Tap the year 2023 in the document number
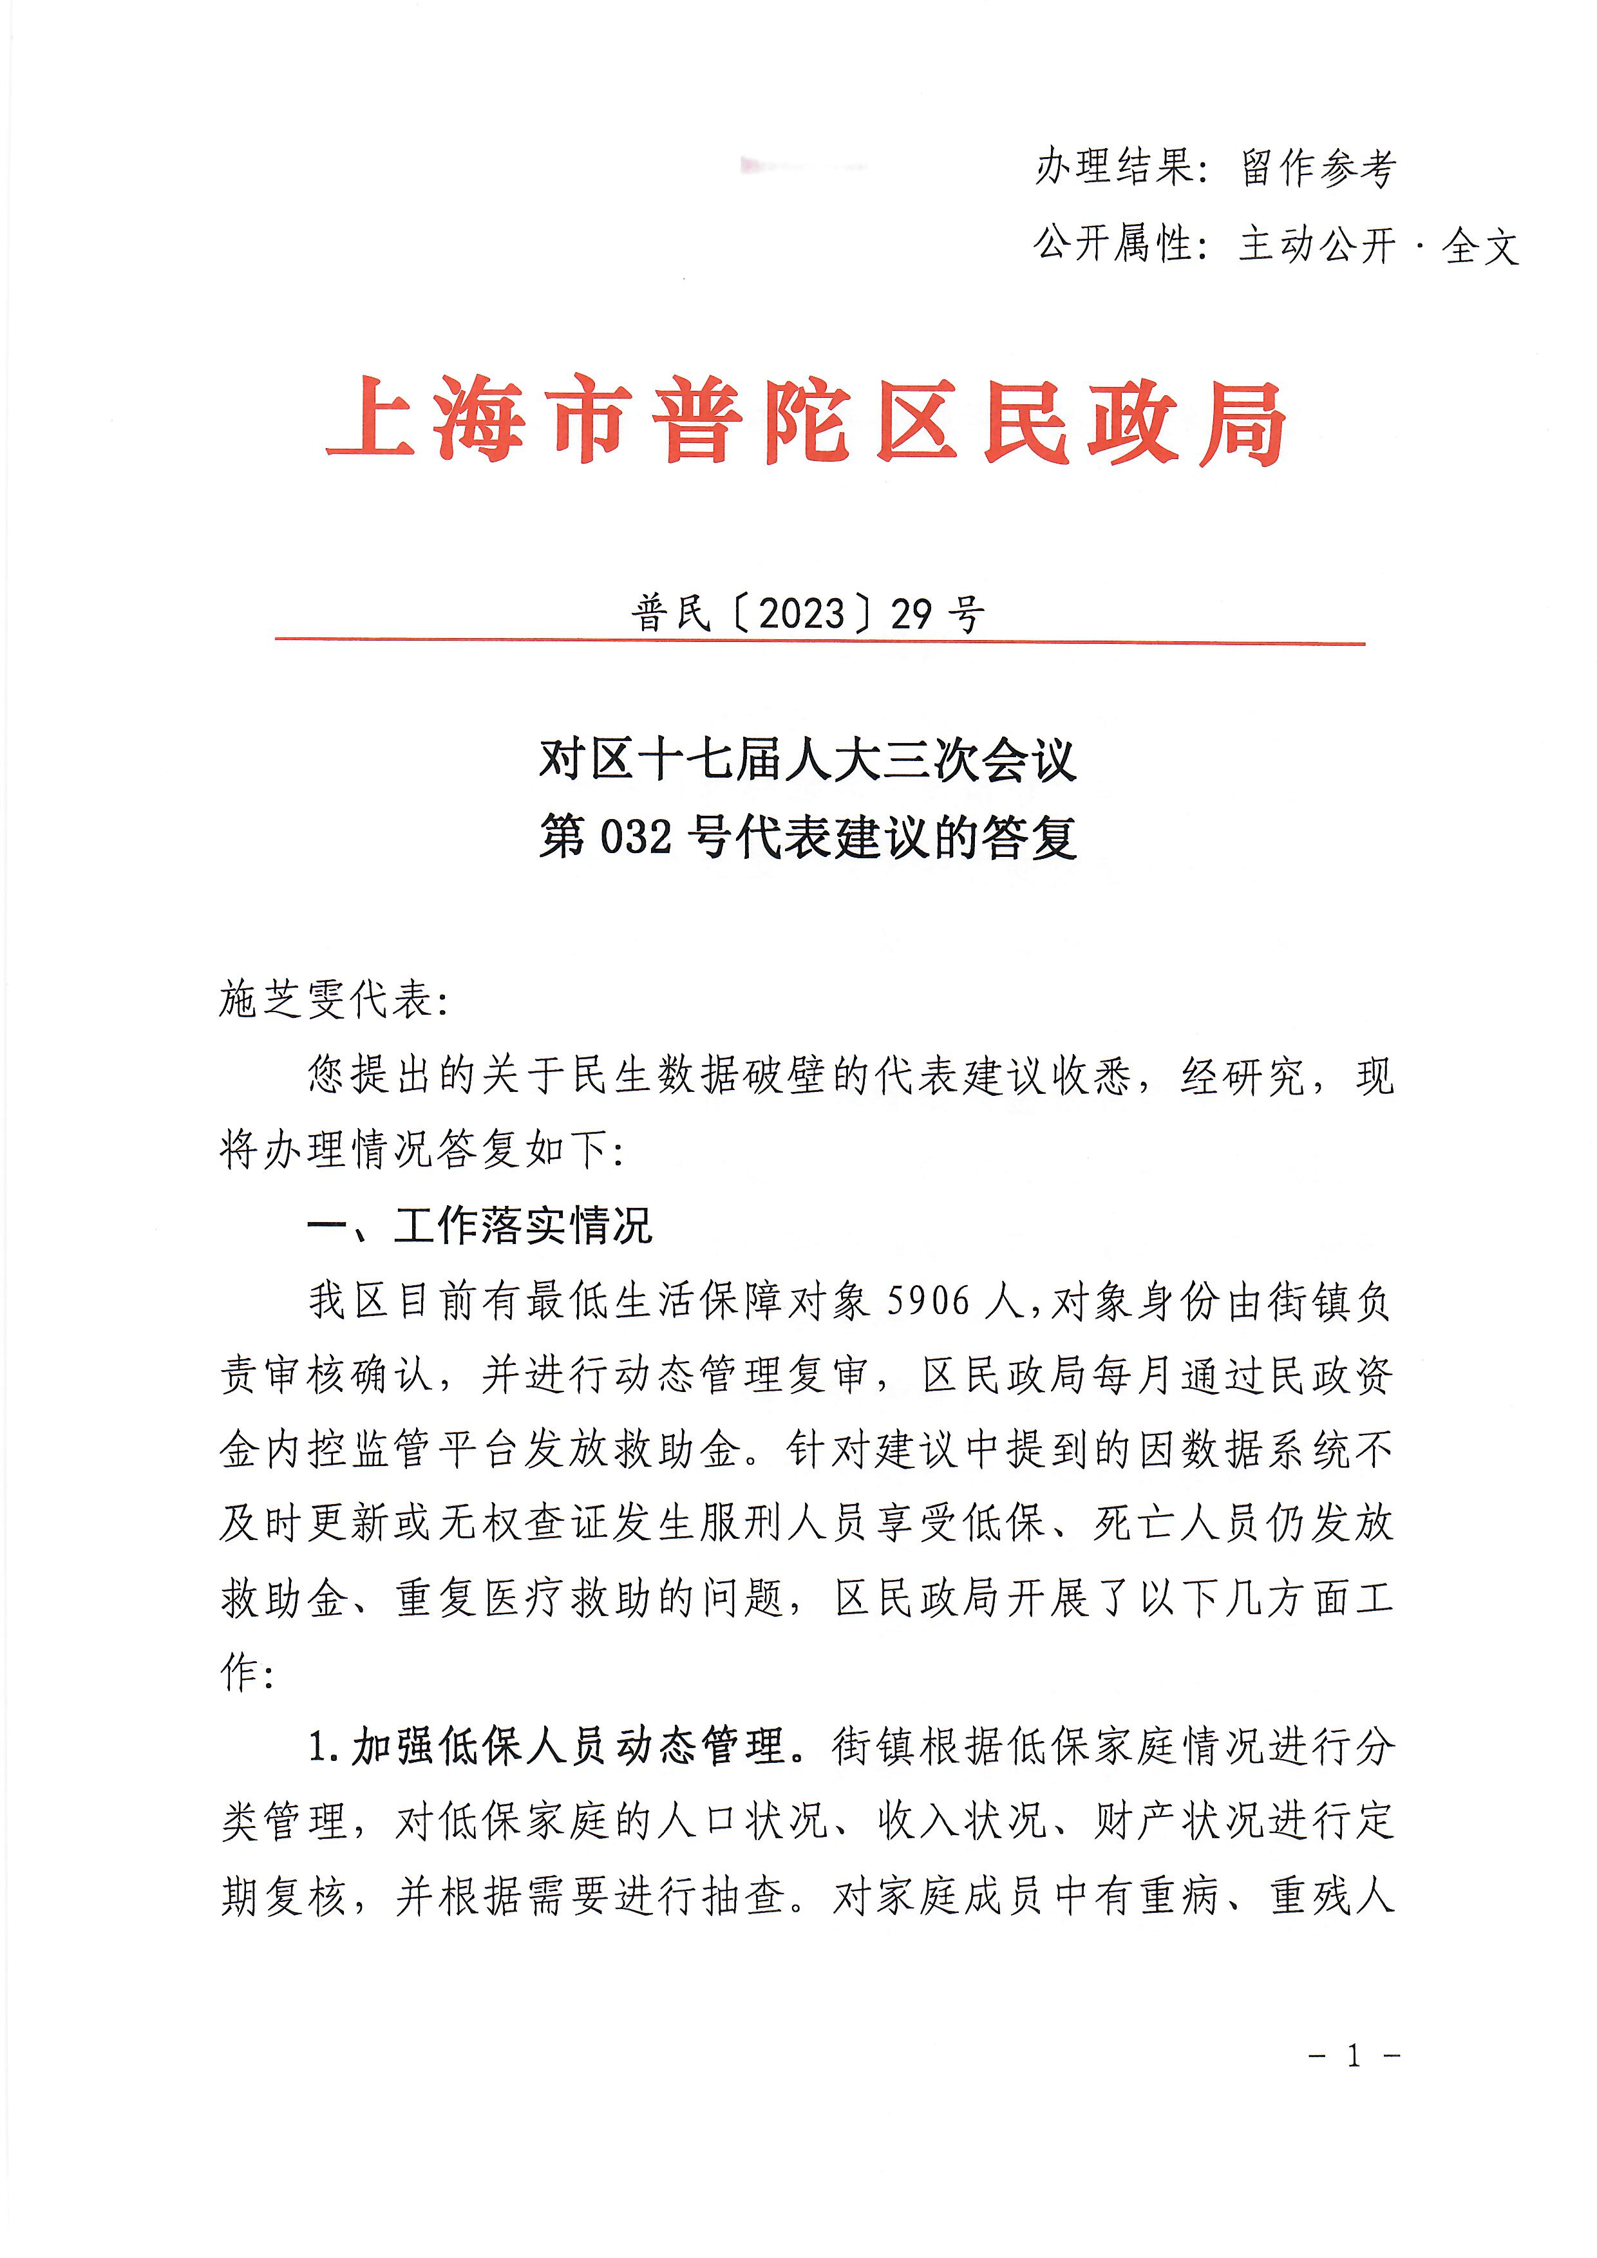pos(802,614)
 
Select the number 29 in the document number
pos(911,614)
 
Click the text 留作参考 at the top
pos(1318,167)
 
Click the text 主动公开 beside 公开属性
pos(1318,244)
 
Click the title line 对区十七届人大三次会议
pos(806,760)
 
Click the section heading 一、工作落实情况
pos(480,1225)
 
